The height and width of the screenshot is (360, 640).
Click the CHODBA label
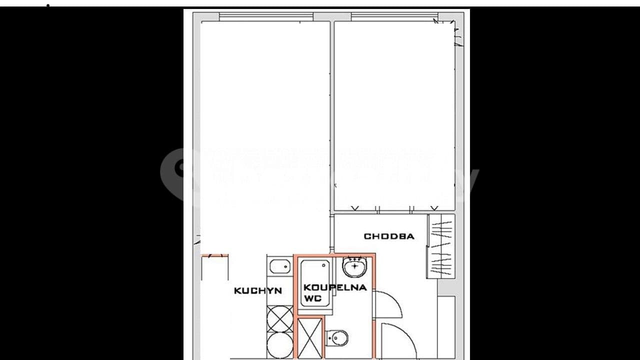click(x=388, y=236)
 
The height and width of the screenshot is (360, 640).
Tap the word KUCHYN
click(x=257, y=290)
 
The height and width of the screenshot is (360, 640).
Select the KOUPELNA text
click(x=334, y=287)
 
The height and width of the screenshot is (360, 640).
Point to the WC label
click(x=312, y=299)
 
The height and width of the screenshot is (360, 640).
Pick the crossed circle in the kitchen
click(x=279, y=318)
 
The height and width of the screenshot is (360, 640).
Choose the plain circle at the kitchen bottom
click(x=279, y=345)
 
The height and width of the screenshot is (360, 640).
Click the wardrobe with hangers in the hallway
click(x=441, y=246)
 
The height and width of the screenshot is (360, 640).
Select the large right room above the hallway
click(x=394, y=115)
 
